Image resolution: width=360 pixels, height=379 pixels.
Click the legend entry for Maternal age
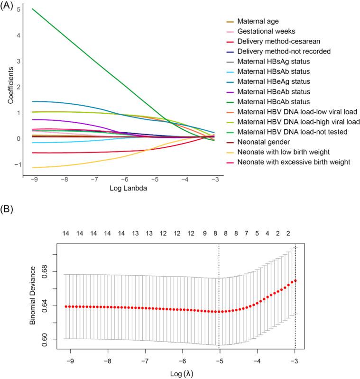click(258, 21)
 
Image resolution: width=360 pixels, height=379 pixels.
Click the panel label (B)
click(8, 208)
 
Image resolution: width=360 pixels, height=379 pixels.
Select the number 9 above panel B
click(204, 234)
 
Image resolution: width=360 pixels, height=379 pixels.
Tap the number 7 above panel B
click(246, 234)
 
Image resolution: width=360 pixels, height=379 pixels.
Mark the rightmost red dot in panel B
click(295, 280)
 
